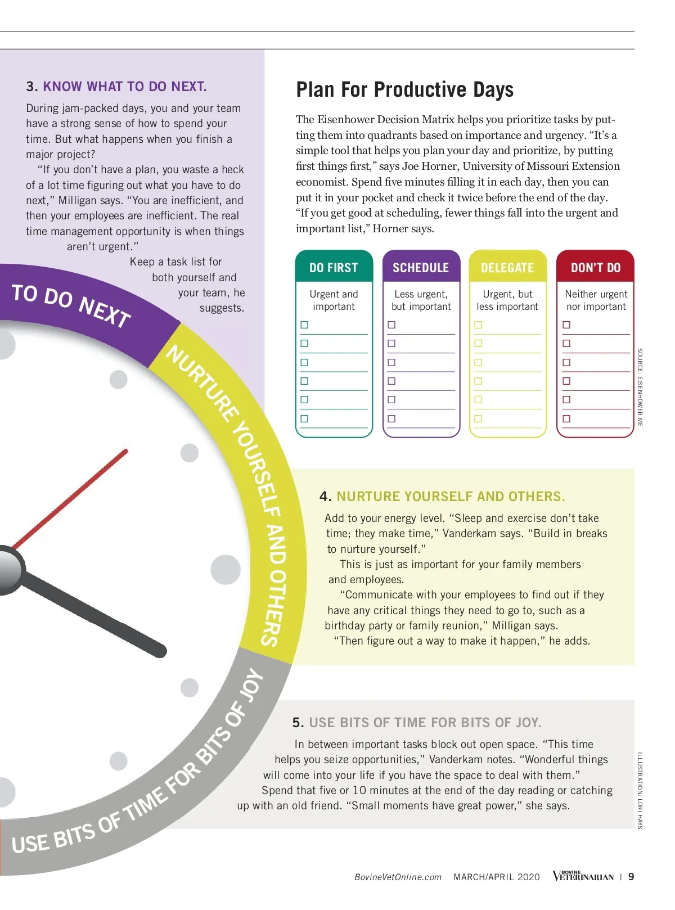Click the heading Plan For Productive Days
[404, 90]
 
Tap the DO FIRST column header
[334, 268]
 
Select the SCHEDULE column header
[421, 268]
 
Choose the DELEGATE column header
[507, 268]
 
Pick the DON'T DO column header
[595, 268]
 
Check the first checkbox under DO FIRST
[304, 325]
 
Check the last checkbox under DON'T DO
[566, 418]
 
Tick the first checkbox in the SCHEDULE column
[391, 325]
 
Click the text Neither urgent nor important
[596, 300]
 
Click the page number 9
[631, 876]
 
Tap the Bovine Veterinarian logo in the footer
[583, 876]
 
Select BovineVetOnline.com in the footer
[398, 877]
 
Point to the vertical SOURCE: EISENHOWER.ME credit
[640, 387]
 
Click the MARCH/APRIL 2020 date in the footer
[496, 877]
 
